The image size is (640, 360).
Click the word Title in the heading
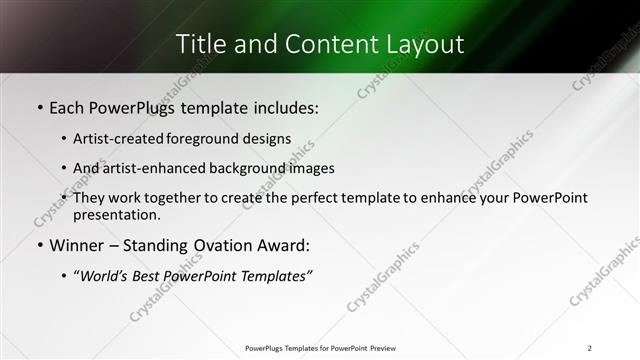click(200, 45)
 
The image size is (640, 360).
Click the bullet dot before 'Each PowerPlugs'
click(39, 107)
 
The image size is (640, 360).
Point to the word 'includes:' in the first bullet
click(286, 107)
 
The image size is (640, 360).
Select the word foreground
click(206, 138)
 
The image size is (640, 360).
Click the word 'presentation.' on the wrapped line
click(116, 214)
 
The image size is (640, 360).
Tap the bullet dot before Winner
click(39, 245)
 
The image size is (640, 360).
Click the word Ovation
click(231, 245)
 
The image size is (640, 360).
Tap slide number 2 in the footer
click(590, 348)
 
